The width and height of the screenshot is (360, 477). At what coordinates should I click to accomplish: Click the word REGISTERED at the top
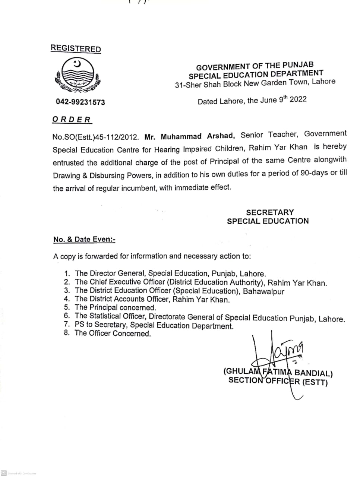pyautogui.click(x=76, y=49)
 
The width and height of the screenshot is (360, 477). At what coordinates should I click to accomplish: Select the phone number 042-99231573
pyautogui.click(x=80, y=102)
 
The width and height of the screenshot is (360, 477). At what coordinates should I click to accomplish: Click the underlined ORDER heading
pyautogui.click(x=72, y=120)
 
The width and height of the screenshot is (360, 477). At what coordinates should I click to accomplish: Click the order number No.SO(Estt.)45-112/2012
pyautogui.click(x=95, y=137)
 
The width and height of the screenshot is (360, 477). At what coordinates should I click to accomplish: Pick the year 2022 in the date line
pyautogui.click(x=298, y=99)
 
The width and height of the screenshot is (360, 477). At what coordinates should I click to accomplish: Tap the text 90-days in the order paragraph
pyautogui.click(x=314, y=173)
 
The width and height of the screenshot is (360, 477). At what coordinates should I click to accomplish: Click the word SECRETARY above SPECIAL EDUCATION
pyautogui.click(x=270, y=212)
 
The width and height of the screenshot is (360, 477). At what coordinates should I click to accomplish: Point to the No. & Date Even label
pyautogui.click(x=84, y=240)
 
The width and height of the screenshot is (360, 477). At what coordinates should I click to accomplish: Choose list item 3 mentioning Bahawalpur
pyautogui.click(x=179, y=291)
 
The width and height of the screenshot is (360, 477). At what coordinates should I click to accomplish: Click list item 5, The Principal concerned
pyautogui.click(x=115, y=307)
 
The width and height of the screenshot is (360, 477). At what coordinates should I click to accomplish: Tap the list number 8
pyautogui.click(x=67, y=333)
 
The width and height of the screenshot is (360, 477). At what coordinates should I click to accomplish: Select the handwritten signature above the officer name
pyautogui.click(x=278, y=354)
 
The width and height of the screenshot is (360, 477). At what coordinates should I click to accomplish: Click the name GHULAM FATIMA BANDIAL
pyautogui.click(x=278, y=372)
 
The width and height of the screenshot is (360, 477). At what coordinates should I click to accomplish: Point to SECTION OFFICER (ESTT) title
pyautogui.click(x=278, y=381)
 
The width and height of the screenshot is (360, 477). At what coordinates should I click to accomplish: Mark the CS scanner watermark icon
pyautogui.click(x=3, y=473)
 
